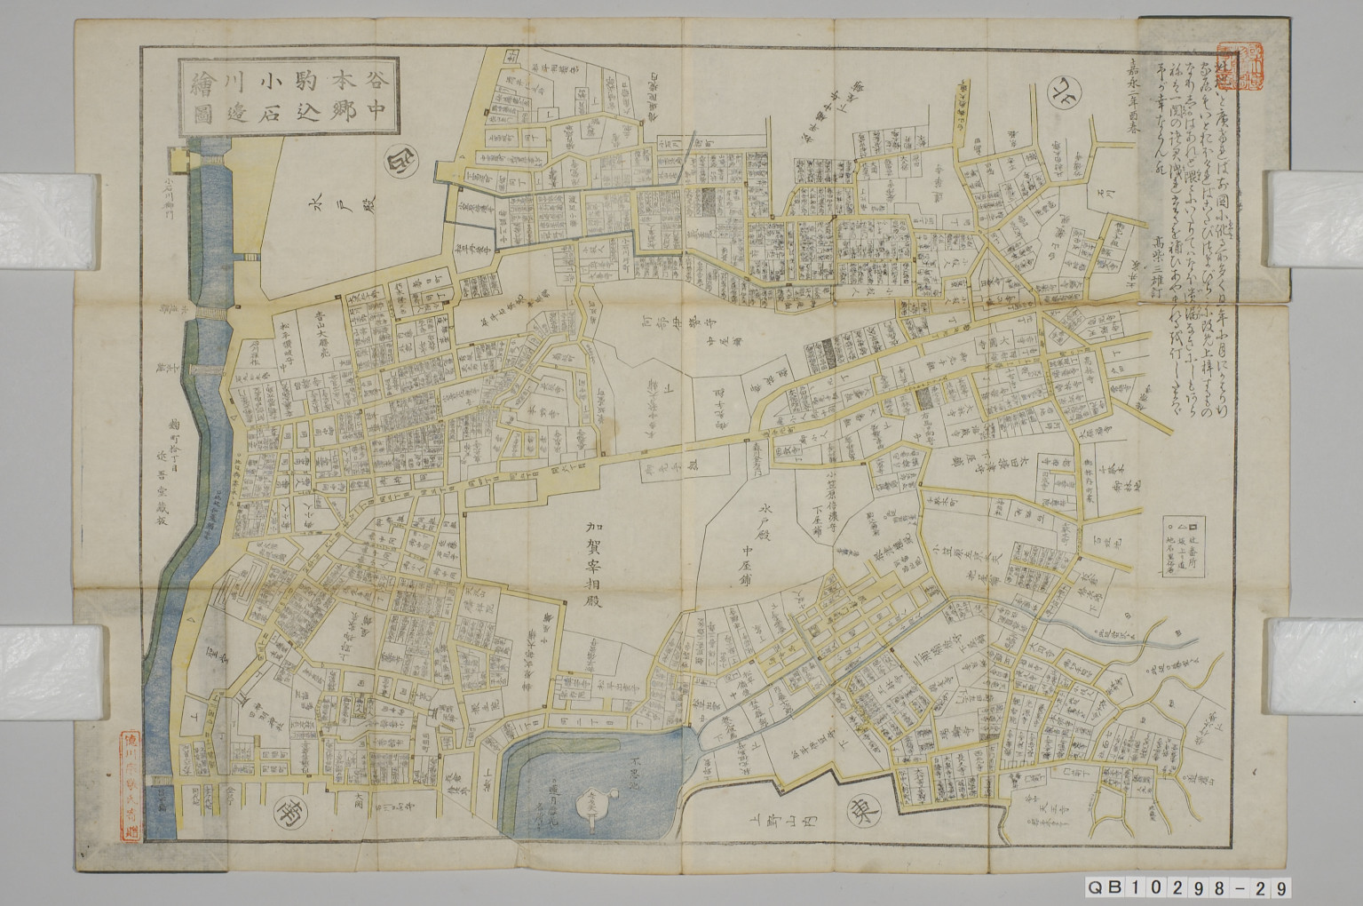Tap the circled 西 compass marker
pyautogui.click(x=395, y=164)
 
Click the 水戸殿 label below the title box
pyautogui.click(x=317, y=220)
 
